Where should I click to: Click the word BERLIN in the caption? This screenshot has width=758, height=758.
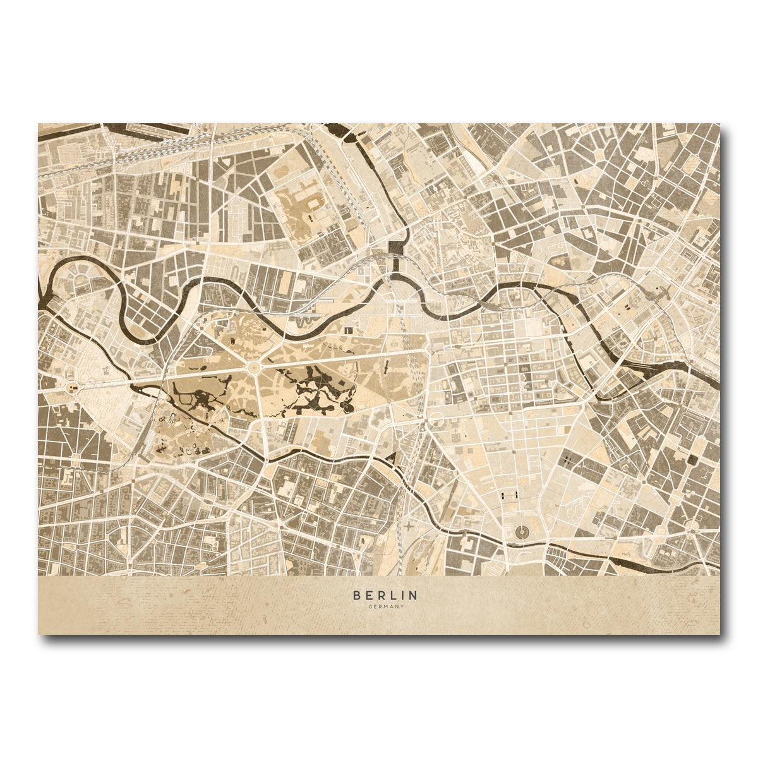tap(385, 595)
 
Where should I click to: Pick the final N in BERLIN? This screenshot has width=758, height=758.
tap(413, 595)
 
